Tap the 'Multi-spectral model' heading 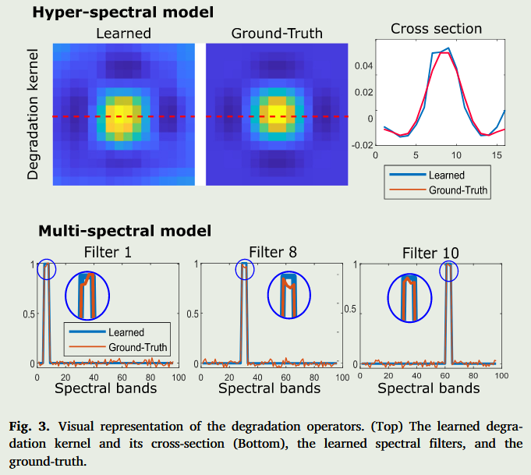(125, 231)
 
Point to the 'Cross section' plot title (436, 29)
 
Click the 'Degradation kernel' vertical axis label (33, 112)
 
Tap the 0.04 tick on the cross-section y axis (363, 66)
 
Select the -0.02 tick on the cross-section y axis (361, 144)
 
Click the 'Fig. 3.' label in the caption (29, 427)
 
